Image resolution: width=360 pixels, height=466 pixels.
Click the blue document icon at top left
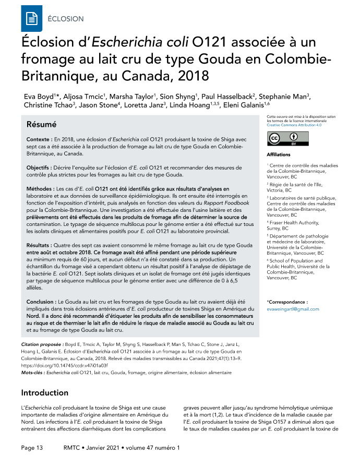tap(31, 19)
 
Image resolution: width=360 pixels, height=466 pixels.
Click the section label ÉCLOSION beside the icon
tap(65, 19)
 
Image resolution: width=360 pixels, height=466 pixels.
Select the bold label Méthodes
tap(40, 188)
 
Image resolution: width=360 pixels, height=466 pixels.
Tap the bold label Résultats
tap(41, 245)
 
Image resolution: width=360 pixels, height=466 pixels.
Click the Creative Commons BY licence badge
tap(282, 138)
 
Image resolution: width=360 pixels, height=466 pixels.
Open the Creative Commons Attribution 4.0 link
tap(294, 126)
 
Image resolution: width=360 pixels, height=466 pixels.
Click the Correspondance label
tap(287, 302)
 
